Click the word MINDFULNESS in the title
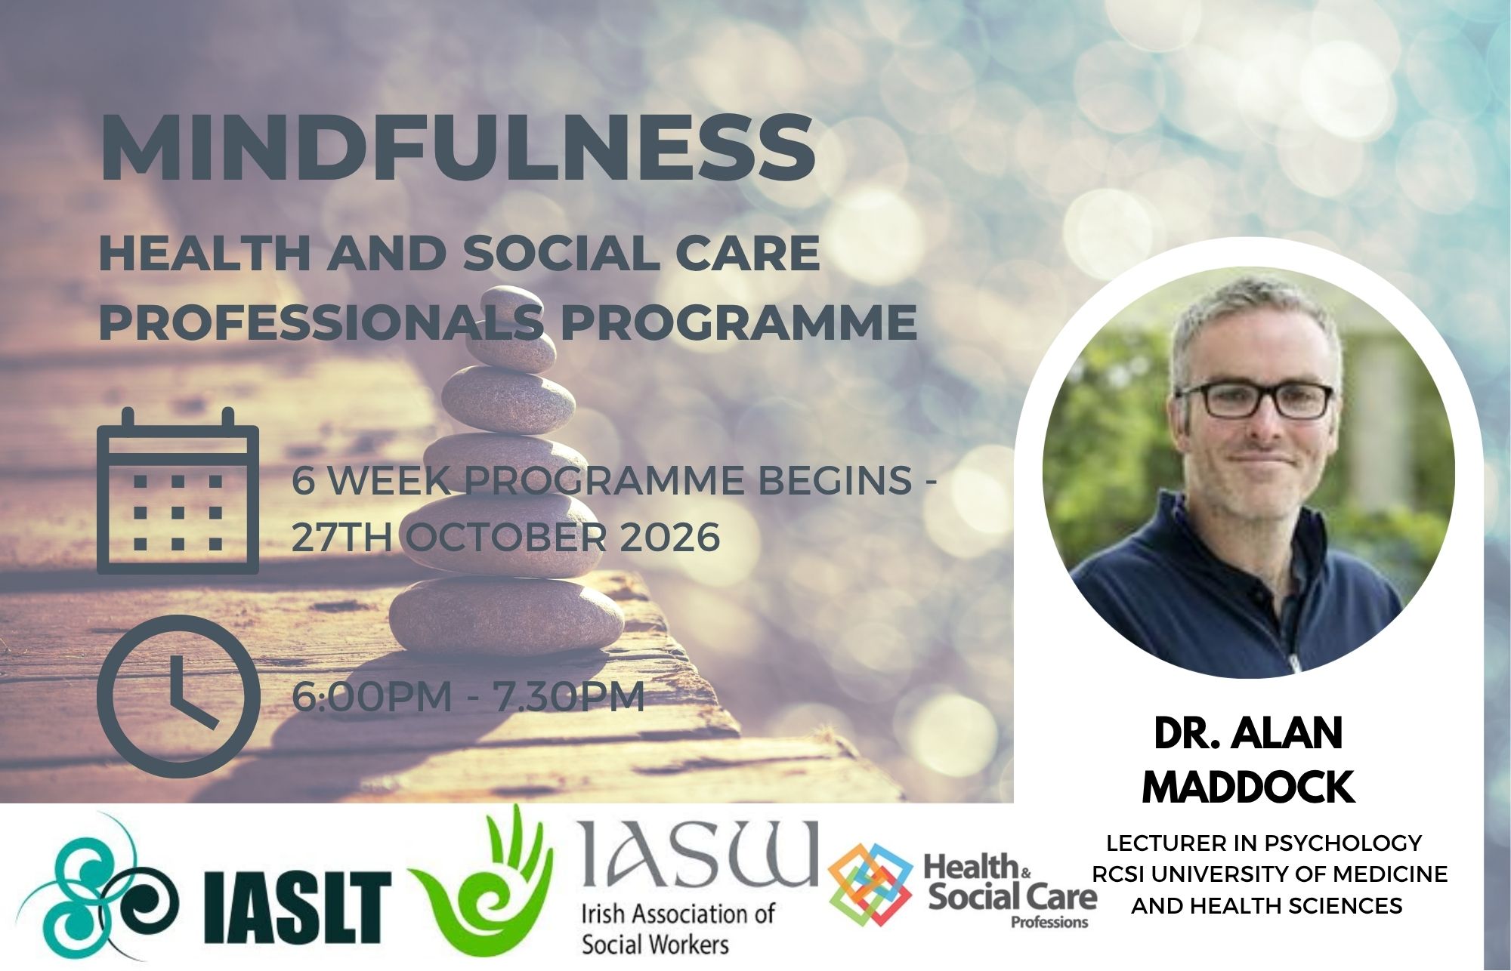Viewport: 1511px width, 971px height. (458, 150)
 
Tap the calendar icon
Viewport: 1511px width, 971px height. (178, 491)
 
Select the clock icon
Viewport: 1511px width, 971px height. (178, 697)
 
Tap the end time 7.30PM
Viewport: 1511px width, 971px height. (569, 696)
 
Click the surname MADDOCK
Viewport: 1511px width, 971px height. (1248, 788)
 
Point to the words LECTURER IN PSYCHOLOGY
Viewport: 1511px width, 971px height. (1264, 842)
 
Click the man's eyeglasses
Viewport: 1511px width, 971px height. (1254, 401)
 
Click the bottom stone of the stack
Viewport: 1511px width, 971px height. (507, 615)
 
